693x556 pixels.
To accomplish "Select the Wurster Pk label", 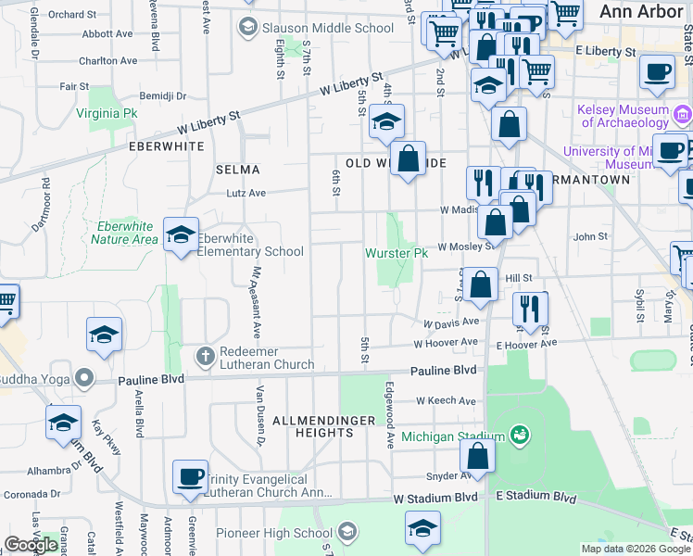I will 396,252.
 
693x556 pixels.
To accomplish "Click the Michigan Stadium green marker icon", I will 519,436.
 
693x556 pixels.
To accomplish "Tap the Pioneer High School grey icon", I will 347,532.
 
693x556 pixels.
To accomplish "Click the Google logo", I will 31,545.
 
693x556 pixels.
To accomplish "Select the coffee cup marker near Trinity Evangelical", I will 190,476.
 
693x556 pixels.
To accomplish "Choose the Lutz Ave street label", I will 246,194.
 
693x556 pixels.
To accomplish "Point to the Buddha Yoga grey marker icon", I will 84,378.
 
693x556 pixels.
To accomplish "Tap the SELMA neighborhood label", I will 237,170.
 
